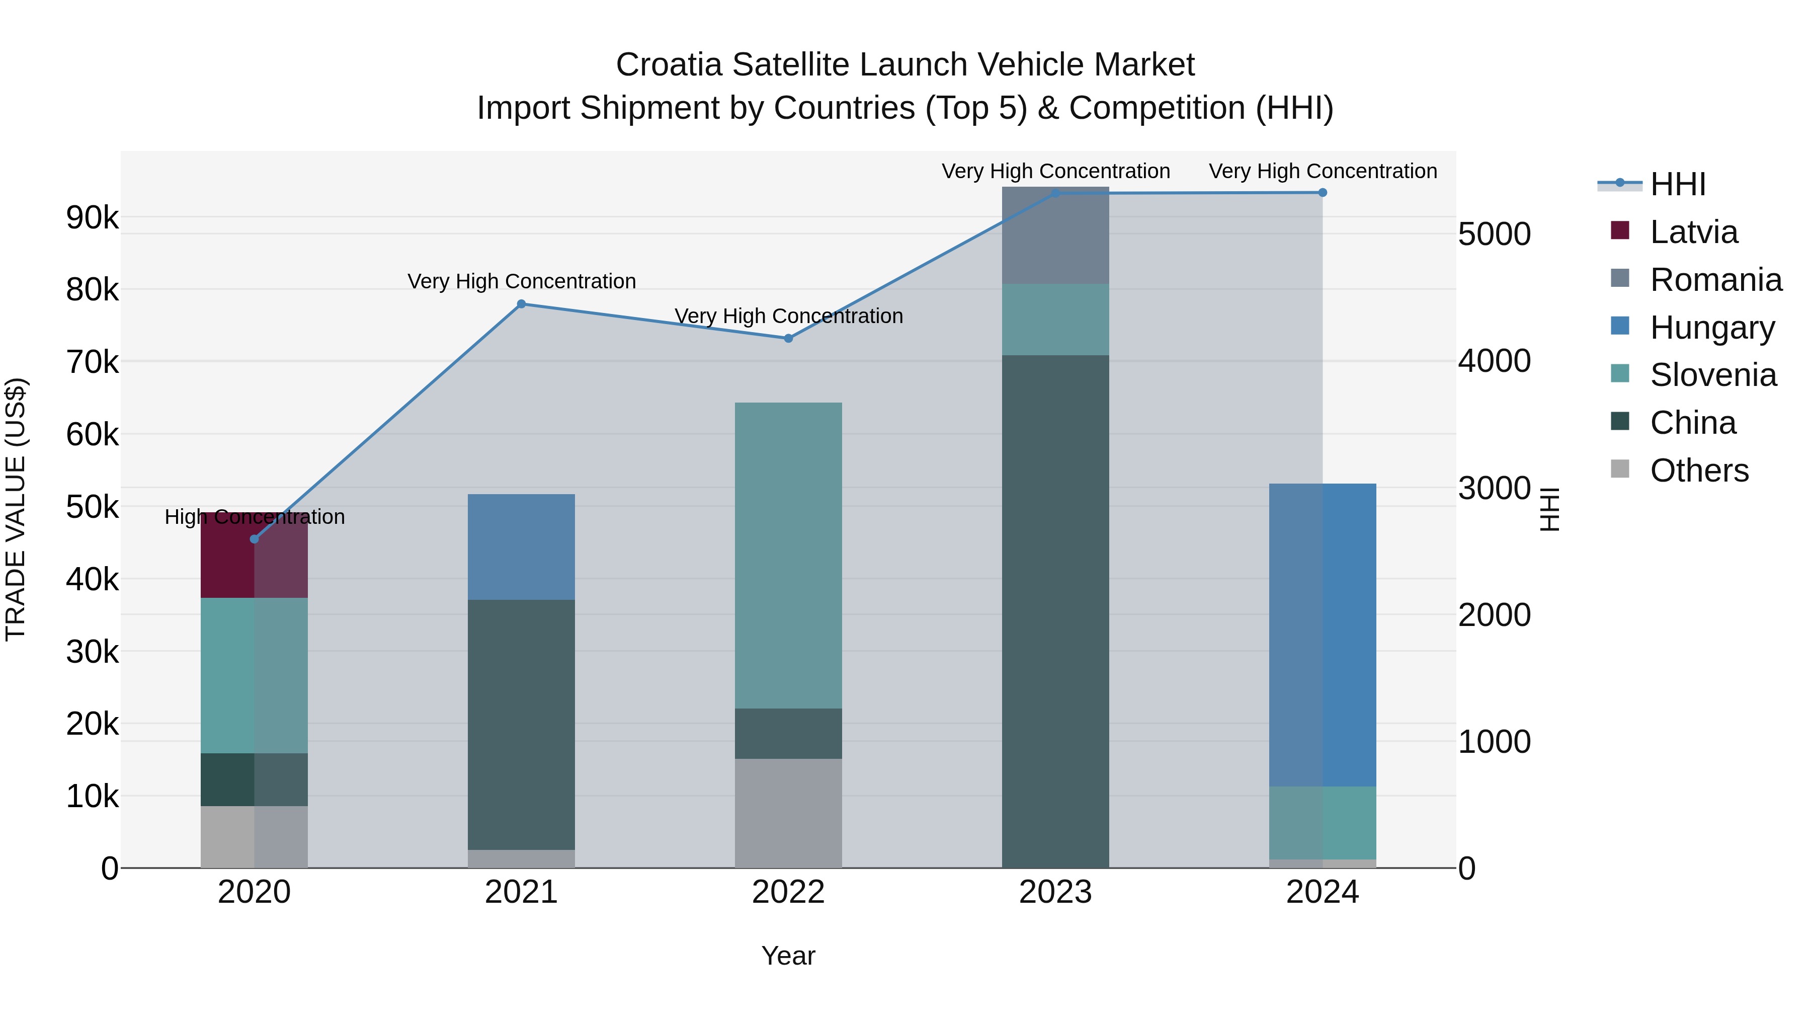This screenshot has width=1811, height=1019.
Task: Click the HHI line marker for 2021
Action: pos(521,304)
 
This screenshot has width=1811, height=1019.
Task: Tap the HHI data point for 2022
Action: pos(788,338)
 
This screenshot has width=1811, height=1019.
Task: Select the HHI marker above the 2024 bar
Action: pos(1323,193)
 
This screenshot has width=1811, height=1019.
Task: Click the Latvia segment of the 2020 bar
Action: pos(254,556)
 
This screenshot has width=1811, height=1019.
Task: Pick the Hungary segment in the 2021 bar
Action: pos(521,546)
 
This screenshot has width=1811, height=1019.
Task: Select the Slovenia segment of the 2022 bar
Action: pos(788,556)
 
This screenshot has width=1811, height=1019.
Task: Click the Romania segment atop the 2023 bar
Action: pos(1055,236)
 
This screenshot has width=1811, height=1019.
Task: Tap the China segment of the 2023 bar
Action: pos(1055,612)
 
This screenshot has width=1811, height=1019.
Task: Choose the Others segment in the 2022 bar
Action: pos(788,813)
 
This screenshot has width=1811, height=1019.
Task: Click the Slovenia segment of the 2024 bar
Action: pos(1323,823)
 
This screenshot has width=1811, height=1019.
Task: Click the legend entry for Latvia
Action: pos(1693,232)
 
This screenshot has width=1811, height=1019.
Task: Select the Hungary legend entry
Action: pos(1711,328)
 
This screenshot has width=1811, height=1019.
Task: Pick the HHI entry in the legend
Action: pos(1677,184)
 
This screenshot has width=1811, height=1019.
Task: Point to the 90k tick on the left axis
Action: pos(92,218)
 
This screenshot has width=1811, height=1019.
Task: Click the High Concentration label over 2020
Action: pos(255,517)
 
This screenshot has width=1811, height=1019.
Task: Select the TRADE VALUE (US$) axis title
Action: pos(16,509)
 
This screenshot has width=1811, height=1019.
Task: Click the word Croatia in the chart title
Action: pos(669,65)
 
